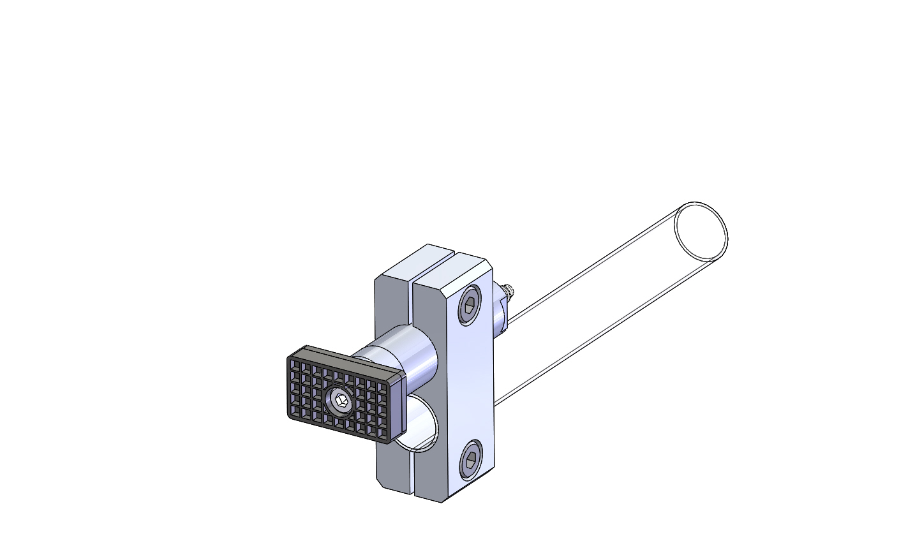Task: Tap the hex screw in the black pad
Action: pos(340,403)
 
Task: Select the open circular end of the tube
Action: pos(701,230)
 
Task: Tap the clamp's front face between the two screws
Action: pos(470,383)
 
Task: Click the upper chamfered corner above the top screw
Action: pos(488,265)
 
